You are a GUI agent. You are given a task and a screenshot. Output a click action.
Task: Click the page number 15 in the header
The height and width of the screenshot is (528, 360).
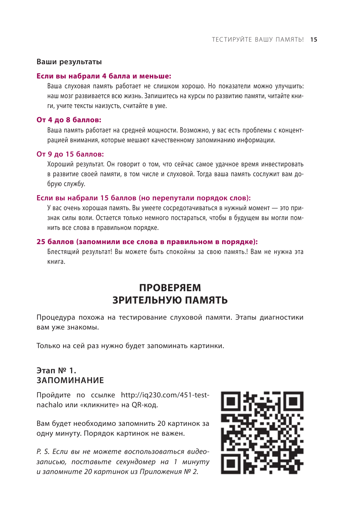[314, 39]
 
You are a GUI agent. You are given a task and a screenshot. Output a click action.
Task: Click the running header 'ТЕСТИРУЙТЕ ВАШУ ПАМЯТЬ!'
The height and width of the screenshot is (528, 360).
[258, 39]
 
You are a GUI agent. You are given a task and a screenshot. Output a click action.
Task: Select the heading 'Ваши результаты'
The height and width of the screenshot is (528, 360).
[69, 62]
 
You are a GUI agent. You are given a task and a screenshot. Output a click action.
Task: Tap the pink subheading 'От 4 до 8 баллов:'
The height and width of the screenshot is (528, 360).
[69, 120]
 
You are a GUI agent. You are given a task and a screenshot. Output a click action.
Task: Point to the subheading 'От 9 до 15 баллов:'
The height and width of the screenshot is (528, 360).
[70, 154]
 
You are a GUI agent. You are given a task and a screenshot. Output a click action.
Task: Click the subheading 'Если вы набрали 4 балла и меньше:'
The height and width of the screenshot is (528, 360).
[104, 76]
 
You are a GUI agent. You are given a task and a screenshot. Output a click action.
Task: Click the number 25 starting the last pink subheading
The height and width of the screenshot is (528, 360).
[41, 242]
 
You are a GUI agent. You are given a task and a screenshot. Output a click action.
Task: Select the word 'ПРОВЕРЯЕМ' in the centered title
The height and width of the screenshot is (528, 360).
[170, 288]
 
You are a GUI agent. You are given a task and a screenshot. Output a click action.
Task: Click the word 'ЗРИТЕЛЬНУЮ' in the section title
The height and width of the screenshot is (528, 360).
[147, 300]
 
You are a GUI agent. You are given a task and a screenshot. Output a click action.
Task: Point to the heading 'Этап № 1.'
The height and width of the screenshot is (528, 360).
[56, 370]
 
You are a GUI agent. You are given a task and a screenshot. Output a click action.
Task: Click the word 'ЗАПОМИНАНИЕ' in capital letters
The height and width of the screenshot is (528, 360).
[70, 380]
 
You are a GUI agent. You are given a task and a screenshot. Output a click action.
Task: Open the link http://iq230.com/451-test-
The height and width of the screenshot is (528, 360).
[165, 395]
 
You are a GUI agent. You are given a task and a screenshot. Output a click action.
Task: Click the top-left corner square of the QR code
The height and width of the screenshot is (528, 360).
[231, 401]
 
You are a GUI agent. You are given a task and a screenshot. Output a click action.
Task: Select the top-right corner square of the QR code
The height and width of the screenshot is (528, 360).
[294, 401]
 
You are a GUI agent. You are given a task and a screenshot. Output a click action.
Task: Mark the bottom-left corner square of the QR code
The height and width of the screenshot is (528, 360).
[231, 464]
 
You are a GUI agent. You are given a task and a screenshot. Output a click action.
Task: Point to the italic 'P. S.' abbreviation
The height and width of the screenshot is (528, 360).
[43, 452]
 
